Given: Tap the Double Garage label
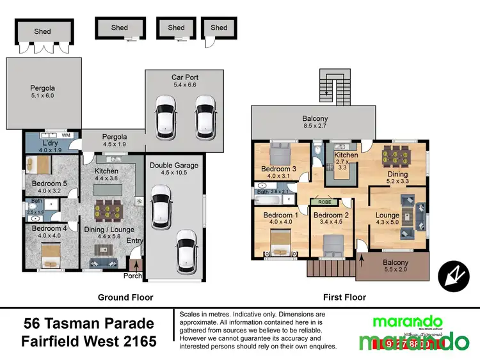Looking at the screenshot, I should tap(174, 165).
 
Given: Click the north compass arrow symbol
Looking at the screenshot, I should tap(454, 275).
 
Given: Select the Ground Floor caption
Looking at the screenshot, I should tap(125, 297).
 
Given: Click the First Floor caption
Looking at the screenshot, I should tap(345, 297).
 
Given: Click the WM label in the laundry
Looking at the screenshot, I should tap(66, 136).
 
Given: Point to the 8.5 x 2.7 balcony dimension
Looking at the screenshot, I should tap(315, 127).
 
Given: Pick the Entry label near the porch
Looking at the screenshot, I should tap(135, 240).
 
